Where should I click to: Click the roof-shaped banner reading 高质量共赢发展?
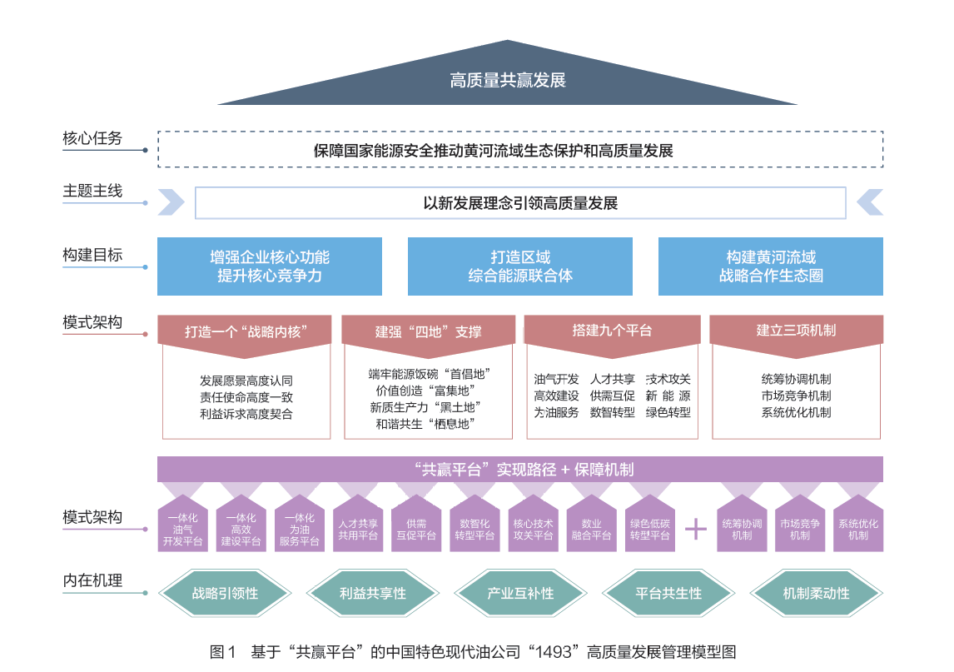[x=507, y=80]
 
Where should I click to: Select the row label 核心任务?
[x=92, y=138]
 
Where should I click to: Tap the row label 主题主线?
[x=92, y=191]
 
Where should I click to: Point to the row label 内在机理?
[x=92, y=580]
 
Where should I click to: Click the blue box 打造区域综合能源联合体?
[x=520, y=266]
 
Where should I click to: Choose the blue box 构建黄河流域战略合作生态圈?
[x=770, y=266]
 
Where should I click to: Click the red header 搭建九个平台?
[x=612, y=331]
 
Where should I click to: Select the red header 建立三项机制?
[x=796, y=331]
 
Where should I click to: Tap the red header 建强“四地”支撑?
[x=428, y=331]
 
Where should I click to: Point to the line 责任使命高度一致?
[x=246, y=397]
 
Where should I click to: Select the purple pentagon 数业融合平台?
[x=591, y=528]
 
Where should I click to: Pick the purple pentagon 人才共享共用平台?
[x=358, y=528]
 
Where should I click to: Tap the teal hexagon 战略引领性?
[x=225, y=594]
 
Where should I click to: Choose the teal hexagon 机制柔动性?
[x=816, y=594]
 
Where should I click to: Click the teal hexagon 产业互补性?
[x=520, y=594]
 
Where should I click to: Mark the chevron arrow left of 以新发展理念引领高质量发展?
[x=171, y=202]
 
